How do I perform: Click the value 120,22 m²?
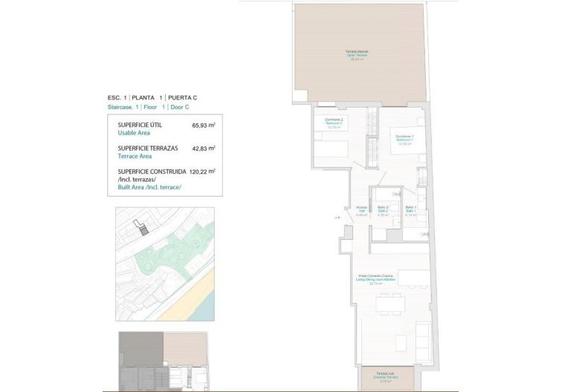201,171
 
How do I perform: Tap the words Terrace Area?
136,157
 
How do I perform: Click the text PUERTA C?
182,98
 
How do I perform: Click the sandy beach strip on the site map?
195,301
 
